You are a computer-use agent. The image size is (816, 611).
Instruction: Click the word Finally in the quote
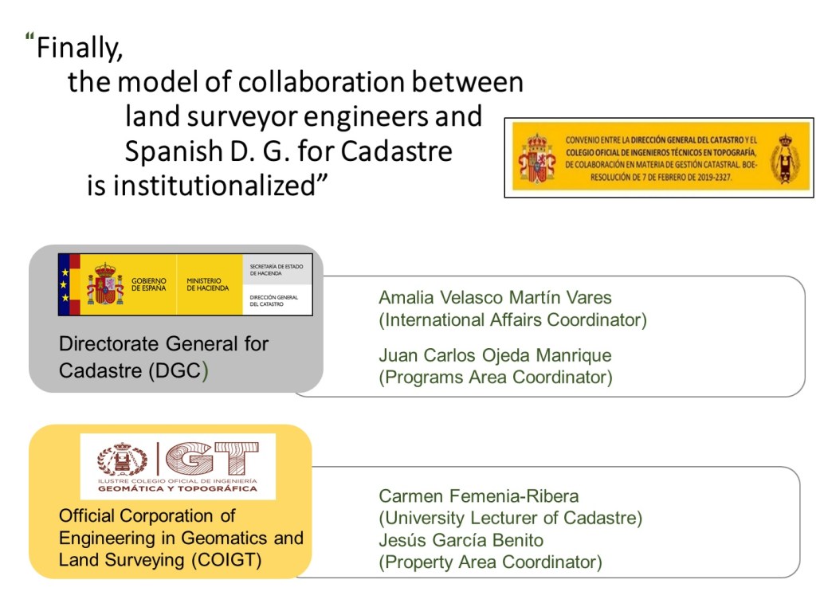pos(79,48)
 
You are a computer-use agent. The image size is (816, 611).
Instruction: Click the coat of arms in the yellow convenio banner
pos(536,159)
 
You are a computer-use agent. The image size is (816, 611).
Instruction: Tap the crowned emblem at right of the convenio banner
pos(786,159)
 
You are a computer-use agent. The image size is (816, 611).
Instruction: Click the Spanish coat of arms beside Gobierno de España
pos(105,284)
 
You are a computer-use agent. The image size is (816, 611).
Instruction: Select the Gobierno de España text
pos(149,284)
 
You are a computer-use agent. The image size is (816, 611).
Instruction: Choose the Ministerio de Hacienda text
pos(208,284)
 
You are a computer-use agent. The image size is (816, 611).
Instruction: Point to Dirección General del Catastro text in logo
pos(274,301)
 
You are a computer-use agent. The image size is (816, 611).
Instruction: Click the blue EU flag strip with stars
pos(64,284)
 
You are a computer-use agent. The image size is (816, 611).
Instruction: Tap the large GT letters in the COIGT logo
pos(213,459)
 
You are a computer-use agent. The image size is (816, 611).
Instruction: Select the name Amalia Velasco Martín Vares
pos(495,297)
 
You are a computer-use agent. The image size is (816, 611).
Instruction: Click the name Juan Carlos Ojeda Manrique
pos(495,355)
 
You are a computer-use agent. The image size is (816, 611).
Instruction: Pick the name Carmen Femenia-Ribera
pos(479,496)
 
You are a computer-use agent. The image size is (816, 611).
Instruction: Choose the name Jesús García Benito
pos(461,540)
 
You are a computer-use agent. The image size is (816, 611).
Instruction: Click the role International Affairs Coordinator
pos(512,319)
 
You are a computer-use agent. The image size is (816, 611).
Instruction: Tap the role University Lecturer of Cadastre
pos(511,519)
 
